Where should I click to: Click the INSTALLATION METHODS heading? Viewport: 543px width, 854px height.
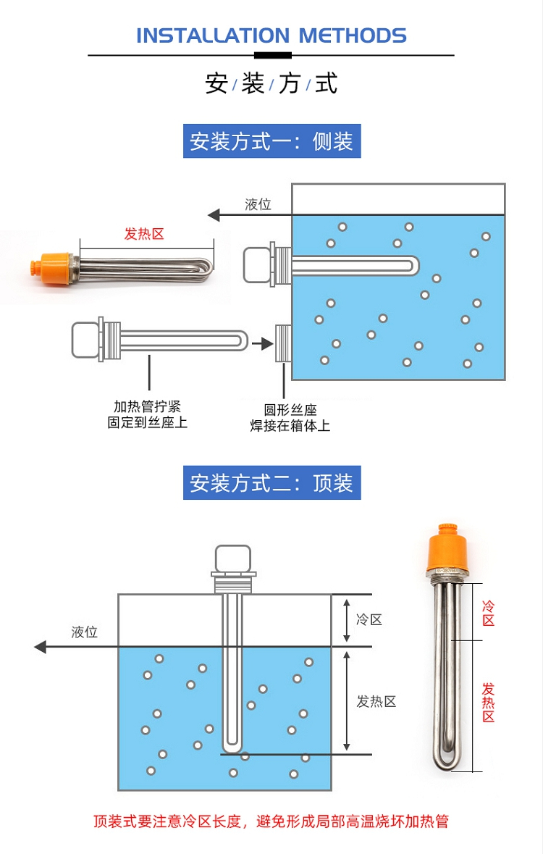point(271,35)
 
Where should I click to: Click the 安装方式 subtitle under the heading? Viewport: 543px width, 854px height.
point(271,83)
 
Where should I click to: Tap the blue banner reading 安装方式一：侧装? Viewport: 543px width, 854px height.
point(271,141)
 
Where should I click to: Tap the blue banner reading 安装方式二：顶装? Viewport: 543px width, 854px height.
point(271,482)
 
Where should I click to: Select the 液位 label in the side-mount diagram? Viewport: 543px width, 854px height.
point(258,204)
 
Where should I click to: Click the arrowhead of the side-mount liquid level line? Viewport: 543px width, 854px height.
point(214,215)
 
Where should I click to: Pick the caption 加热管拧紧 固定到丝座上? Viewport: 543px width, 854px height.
point(148,414)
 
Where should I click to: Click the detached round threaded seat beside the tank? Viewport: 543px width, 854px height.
point(283,343)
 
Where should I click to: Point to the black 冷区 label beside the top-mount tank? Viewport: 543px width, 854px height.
point(369,619)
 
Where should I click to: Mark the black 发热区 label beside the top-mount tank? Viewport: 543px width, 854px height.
point(376,701)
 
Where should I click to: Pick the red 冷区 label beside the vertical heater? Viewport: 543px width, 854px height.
point(489,613)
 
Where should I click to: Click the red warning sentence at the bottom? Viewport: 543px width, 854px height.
point(271,821)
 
